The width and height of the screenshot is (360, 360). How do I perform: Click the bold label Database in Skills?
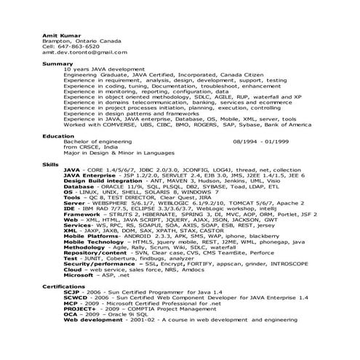point(79,186)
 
